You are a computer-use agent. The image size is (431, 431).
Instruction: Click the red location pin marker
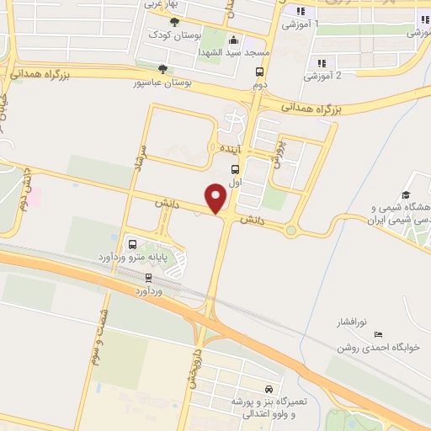click(x=216, y=199)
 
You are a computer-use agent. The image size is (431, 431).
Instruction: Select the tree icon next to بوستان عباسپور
click(x=163, y=70)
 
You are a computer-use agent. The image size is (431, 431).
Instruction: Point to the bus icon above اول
click(x=234, y=168)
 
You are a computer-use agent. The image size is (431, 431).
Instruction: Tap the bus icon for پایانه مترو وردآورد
click(x=132, y=245)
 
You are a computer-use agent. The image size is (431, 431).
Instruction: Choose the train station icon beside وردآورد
click(x=149, y=277)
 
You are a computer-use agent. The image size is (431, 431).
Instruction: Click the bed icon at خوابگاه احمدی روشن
click(x=377, y=334)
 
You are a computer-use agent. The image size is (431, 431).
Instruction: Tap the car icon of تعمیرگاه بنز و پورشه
click(x=267, y=390)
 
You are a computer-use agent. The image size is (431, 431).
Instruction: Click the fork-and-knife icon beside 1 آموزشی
click(x=298, y=11)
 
